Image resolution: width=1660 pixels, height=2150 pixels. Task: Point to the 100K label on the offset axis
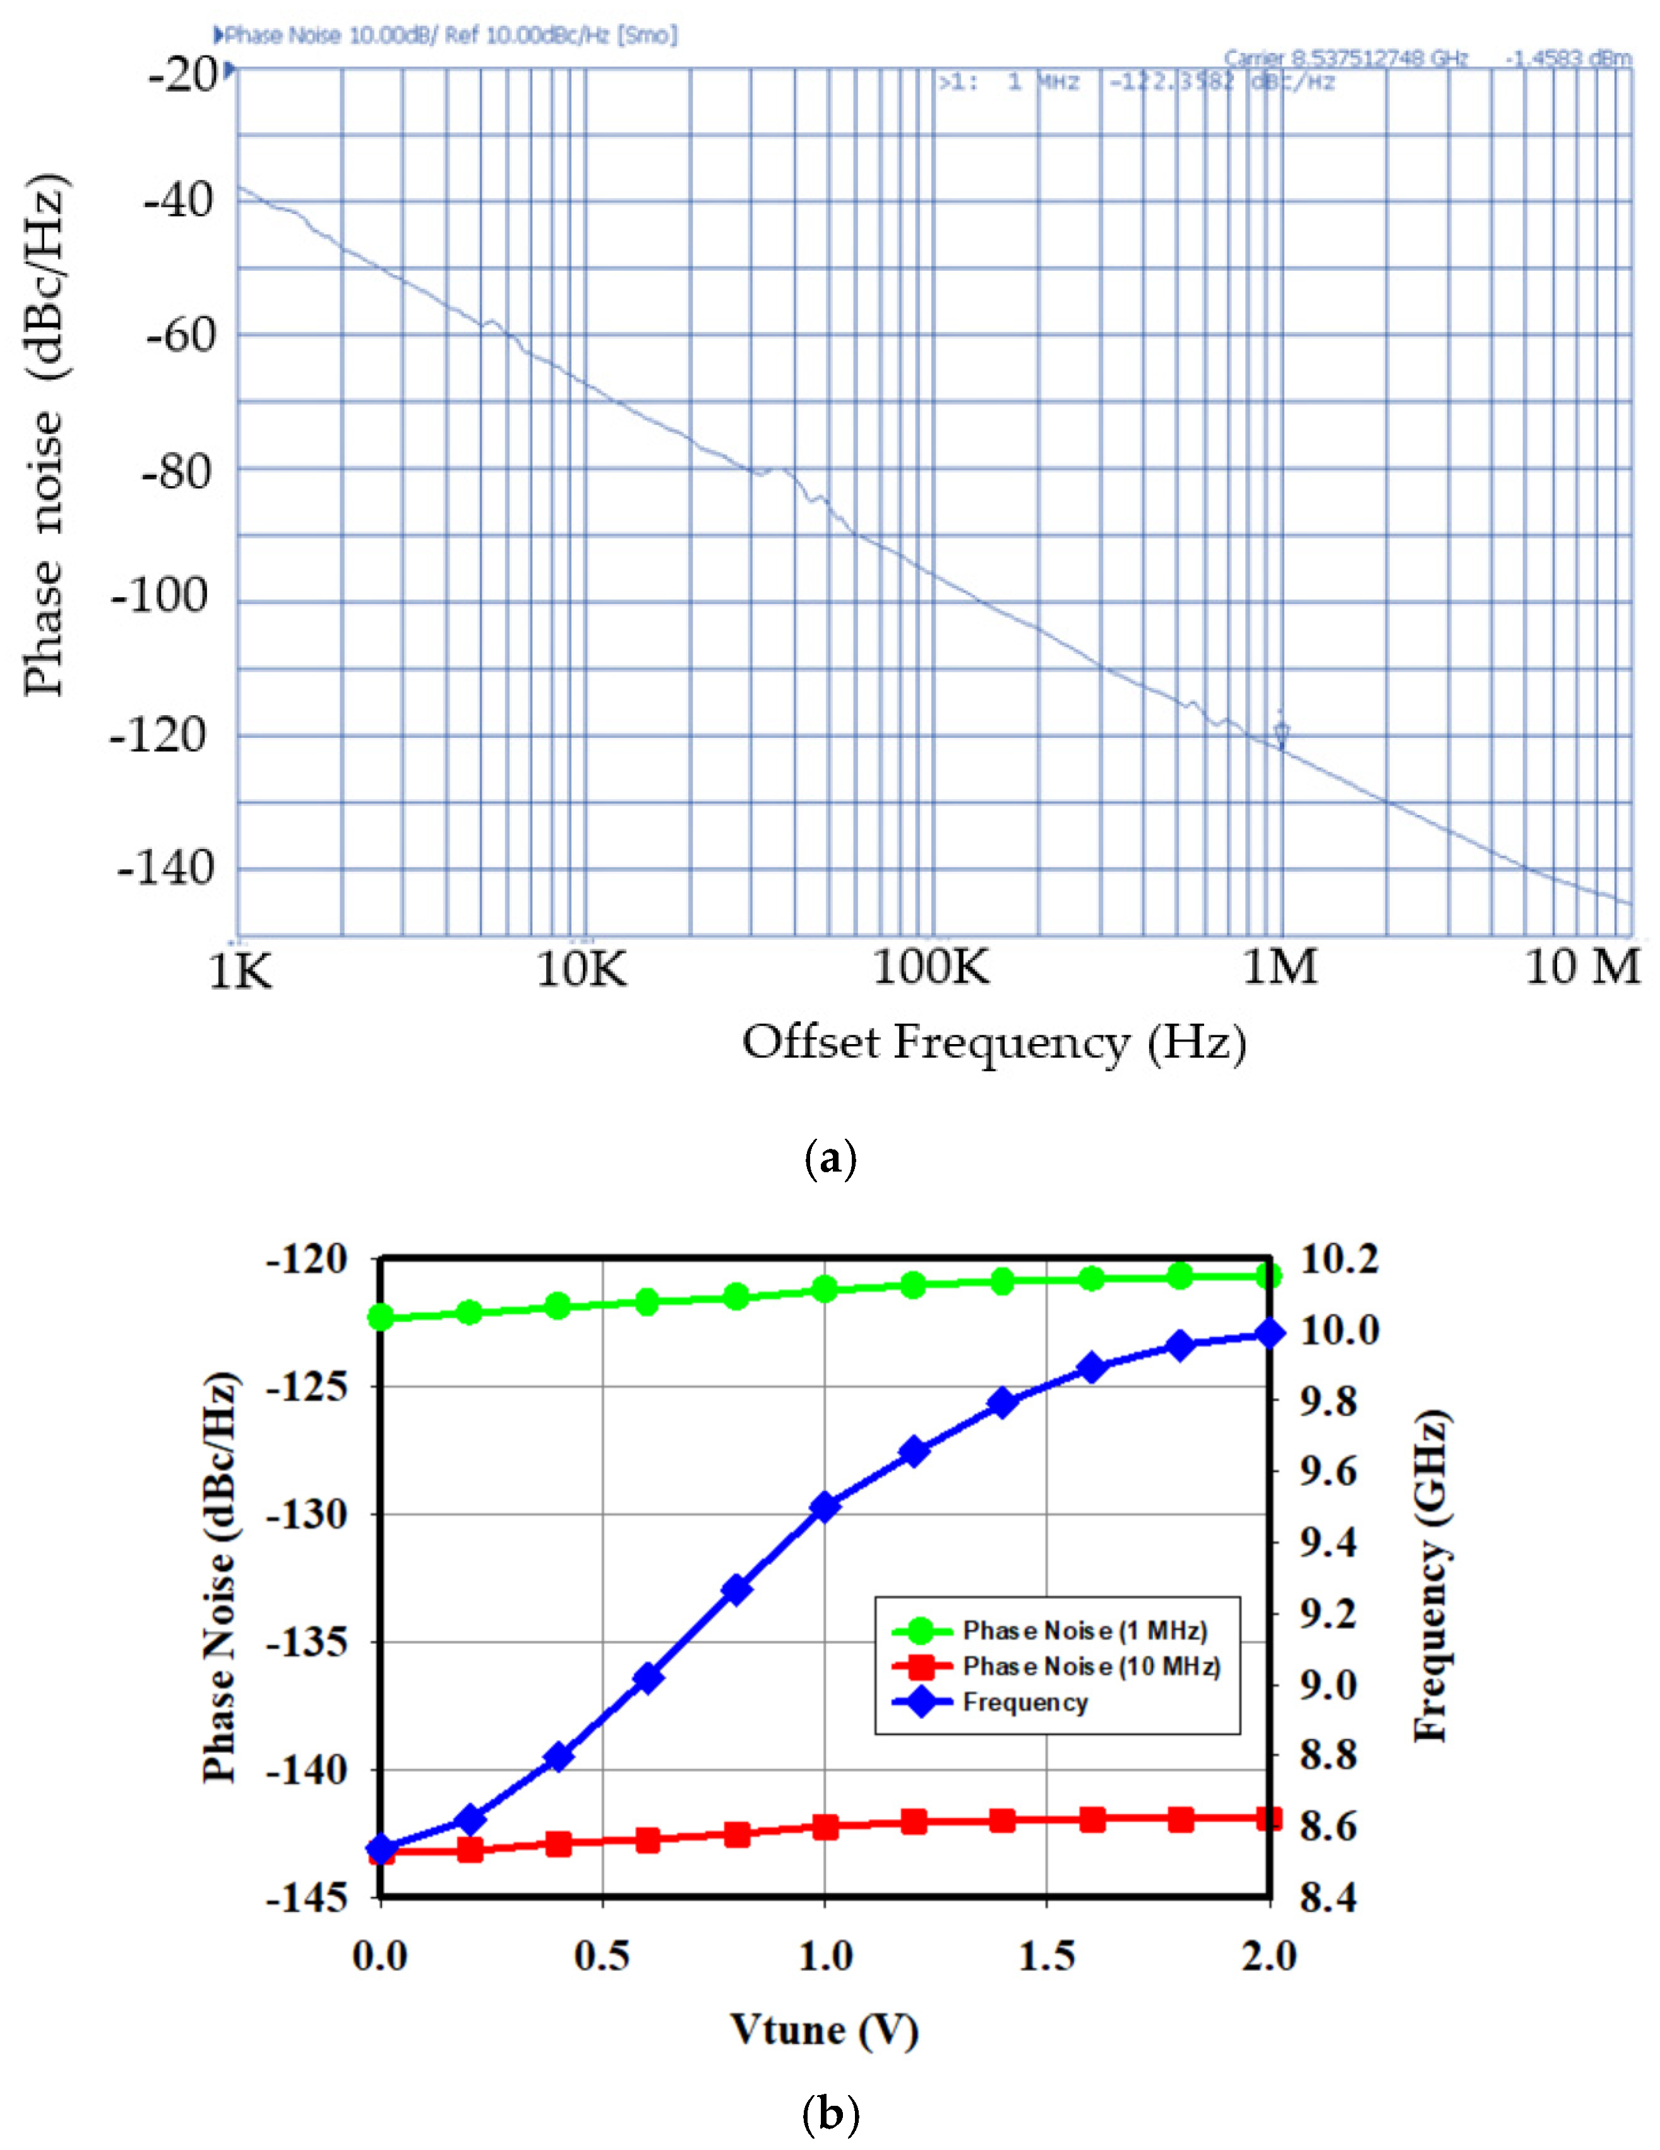click(931, 968)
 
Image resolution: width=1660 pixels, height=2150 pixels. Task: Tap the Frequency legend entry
click(1025, 1702)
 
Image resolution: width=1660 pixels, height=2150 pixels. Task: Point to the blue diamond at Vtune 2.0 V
click(1270, 1334)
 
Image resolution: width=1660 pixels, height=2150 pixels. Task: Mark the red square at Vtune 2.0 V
click(1270, 1818)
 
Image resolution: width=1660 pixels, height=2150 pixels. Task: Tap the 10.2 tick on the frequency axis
click(1339, 1259)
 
